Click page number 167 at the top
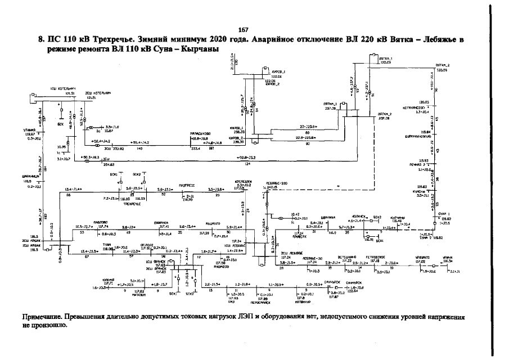(x=244, y=29)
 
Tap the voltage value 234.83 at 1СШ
(x=109, y=165)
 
